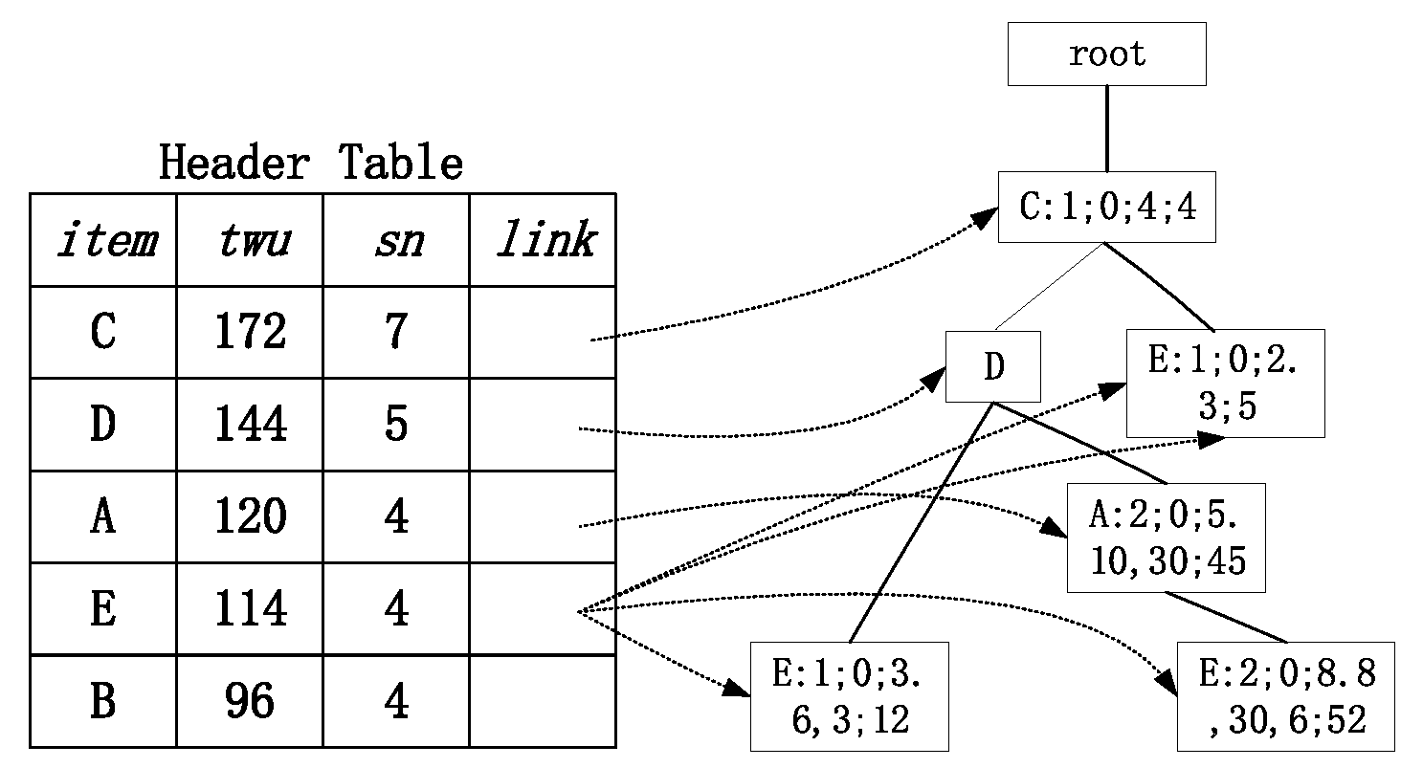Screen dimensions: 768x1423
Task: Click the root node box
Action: pyautogui.click(x=1106, y=55)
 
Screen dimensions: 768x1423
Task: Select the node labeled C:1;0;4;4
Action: pyautogui.click(x=1106, y=207)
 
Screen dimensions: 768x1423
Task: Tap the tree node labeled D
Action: pyautogui.click(x=992, y=367)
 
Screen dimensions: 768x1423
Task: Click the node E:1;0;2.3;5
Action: pyautogui.click(x=1225, y=384)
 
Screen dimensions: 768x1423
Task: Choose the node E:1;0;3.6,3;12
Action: pyautogui.click(x=849, y=696)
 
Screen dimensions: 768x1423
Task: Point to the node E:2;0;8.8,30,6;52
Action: pyautogui.click(x=1285, y=696)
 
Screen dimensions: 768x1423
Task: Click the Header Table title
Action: pyautogui.click(x=311, y=164)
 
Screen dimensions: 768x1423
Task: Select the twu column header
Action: pyautogui.click(x=250, y=240)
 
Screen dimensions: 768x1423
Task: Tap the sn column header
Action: pyautogui.click(x=396, y=240)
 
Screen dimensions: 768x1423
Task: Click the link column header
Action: pyautogui.click(x=543, y=240)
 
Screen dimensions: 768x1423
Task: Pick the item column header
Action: pyautogui.click(x=103, y=240)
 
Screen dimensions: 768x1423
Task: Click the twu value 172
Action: pyautogui.click(x=250, y=332)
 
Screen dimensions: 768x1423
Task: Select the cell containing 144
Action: pyautogui.click(x=250, y=424)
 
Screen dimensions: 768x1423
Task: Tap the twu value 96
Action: pyautogui.click(x=250, y=701)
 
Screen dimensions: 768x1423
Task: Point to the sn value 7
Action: pyautogui.click(x=396, y=332)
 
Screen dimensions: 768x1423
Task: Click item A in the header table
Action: pyautogui.click(x=103, y=516)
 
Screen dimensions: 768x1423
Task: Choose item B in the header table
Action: pyautogui.click(x=103, y=701)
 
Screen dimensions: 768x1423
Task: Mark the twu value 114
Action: pyautogui.click(x=250, y=608)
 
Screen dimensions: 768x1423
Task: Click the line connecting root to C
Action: pyautogui.click(x=1107, y=129)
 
